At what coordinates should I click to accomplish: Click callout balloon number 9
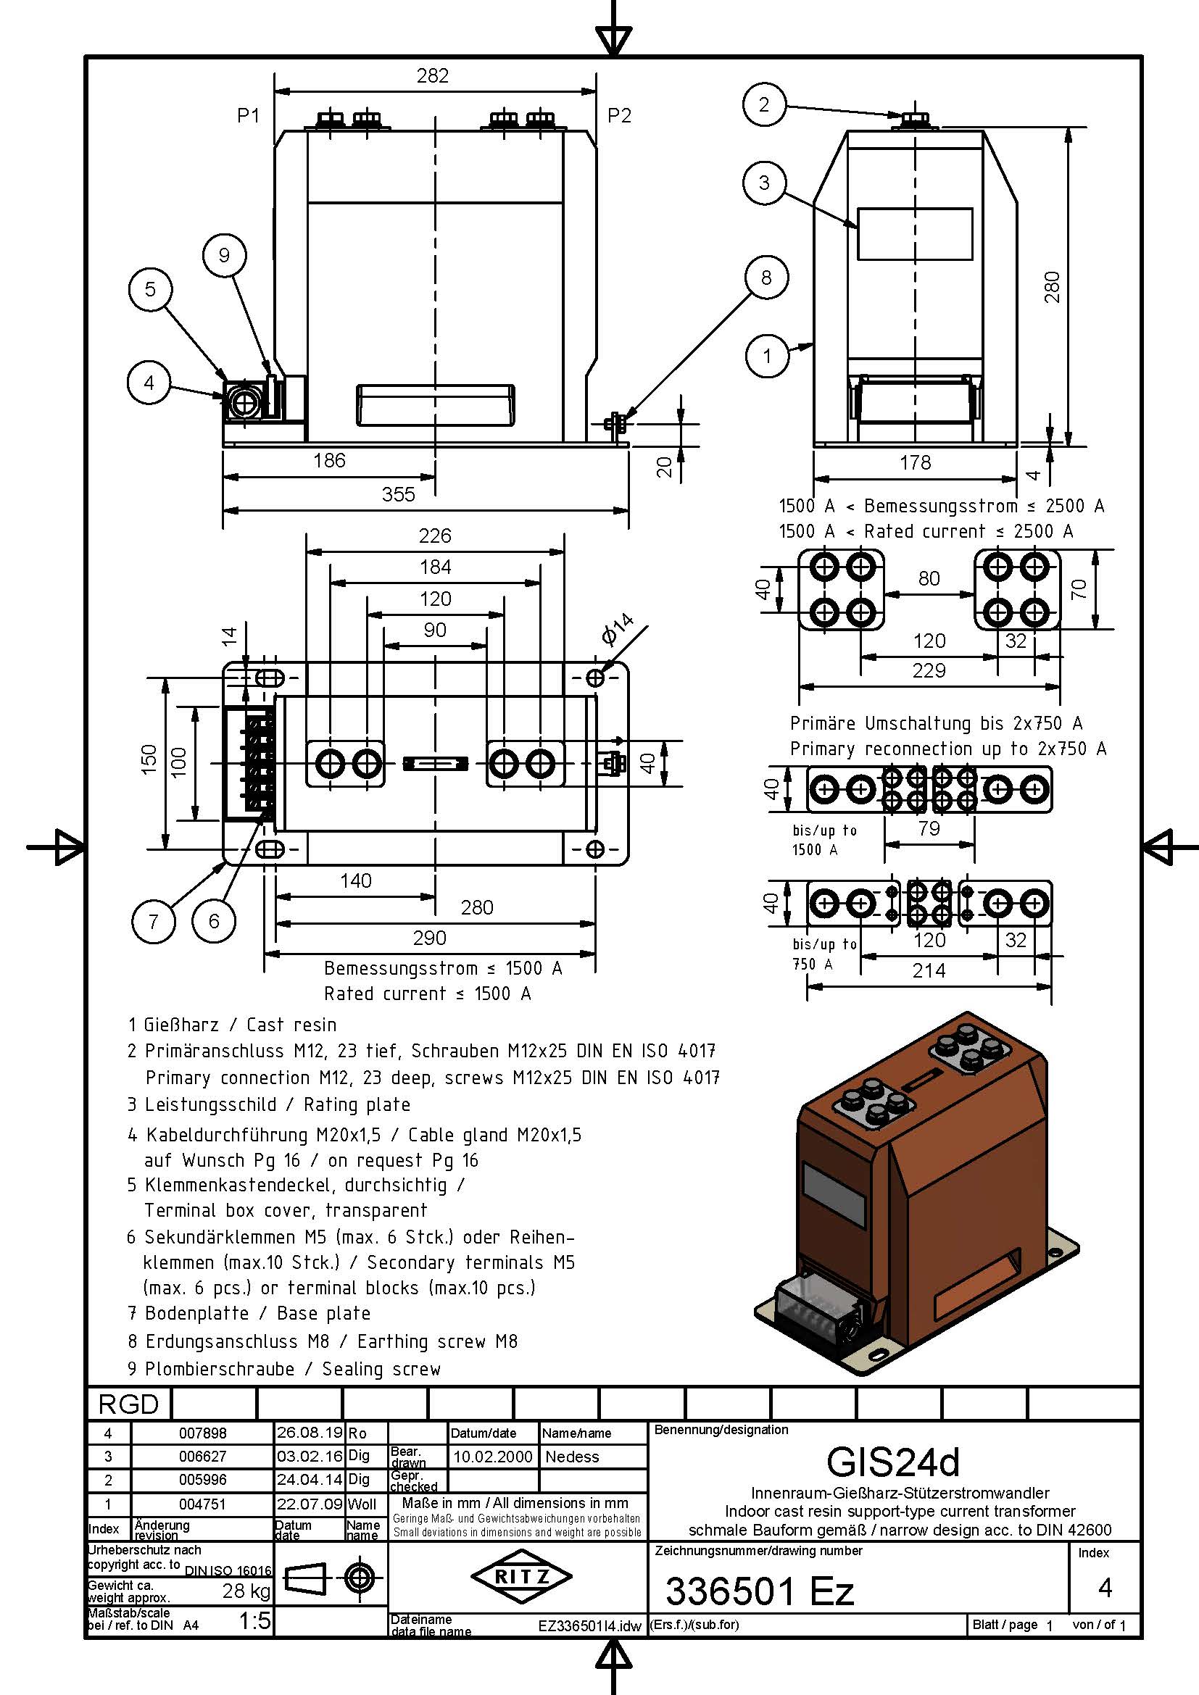click(x=224, y=255)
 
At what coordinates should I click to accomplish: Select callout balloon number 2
click(x=764, y=105)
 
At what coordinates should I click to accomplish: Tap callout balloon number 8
click(x=766, y=278)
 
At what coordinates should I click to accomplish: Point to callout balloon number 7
click(x=154, y=920)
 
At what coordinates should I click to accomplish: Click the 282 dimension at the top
click(x=433, y=76)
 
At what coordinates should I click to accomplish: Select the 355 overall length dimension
click(x=399, y=495)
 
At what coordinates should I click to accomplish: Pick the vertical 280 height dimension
click(x=1053, y=287)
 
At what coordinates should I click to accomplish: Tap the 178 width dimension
click(x=916, y=463)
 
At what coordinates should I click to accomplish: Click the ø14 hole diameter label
click(x=617, y=629)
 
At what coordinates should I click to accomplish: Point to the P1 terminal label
click(x=249, y=116)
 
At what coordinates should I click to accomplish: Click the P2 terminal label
click(x=619, y=116)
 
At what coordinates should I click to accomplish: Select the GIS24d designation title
click(x=892, y=1461)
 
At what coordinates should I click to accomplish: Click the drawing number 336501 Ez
click(x=760, y=1591)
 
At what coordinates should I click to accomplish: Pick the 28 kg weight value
click(x=246, y=1591)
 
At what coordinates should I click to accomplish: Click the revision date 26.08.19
click(x=309, y=1433)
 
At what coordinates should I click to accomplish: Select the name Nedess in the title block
click(x=572, y=1457)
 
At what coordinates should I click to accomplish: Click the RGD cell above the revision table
click(x=128, y=1404)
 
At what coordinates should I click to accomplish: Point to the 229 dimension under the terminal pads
click(x=929, y=670)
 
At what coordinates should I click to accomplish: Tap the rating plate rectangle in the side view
click(x=915, y=234)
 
